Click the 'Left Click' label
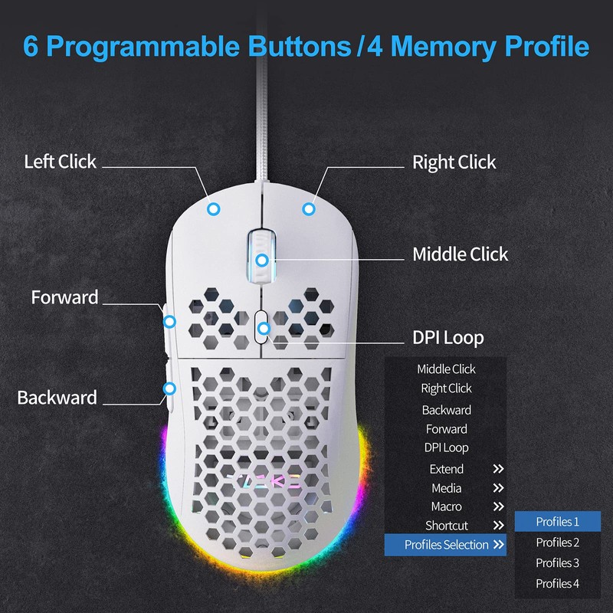tap(60, 162)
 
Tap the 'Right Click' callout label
tap(454, 162)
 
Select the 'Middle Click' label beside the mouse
tap(460, 254)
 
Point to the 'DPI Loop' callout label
tap(447, 338)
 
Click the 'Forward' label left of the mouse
tap(64, 297)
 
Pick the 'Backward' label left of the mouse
tap(57, 398)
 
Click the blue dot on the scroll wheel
tap(262, 260)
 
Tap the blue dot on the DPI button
tap(263, 329)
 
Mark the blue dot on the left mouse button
tap(215, 208)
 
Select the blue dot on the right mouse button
tap(309, 208)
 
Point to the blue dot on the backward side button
tap(169, 388)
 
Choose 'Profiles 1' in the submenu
tap(557, 522)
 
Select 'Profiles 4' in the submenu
tap(557, 584)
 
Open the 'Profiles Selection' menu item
tap(446, 545)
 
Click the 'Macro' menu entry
tap(446, 506)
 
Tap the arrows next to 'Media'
tap(498, 488)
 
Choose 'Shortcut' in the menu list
tap(446, 526)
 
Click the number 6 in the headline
tap(32, 45)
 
